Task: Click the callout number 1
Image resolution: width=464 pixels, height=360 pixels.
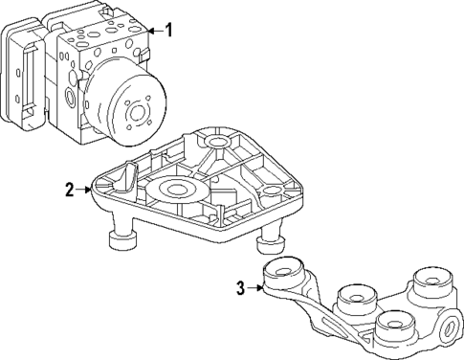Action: tap(169, 30)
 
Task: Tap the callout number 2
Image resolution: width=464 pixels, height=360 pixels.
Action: tap(69, 190)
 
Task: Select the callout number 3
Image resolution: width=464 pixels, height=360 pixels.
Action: tap(242, 285)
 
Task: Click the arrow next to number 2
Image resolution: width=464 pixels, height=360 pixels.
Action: tap(84, 190)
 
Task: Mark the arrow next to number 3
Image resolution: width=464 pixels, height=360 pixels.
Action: tap(257, 285)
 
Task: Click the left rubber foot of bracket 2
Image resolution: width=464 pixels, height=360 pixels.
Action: tap(122, 239)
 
